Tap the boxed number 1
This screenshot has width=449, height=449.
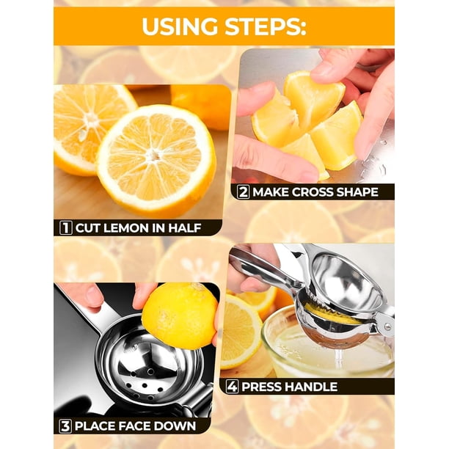tap(65, 228)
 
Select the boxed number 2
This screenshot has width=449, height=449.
tap(243, 192)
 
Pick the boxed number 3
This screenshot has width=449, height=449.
tap(65, 426)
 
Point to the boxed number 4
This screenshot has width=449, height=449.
tap(232, 387)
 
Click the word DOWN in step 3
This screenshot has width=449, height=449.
tap(175, 426)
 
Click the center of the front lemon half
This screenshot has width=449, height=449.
tap(154, 156)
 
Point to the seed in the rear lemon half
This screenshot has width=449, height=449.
tap(83, 134)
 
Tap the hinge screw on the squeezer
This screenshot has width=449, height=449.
tap(387, 326)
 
